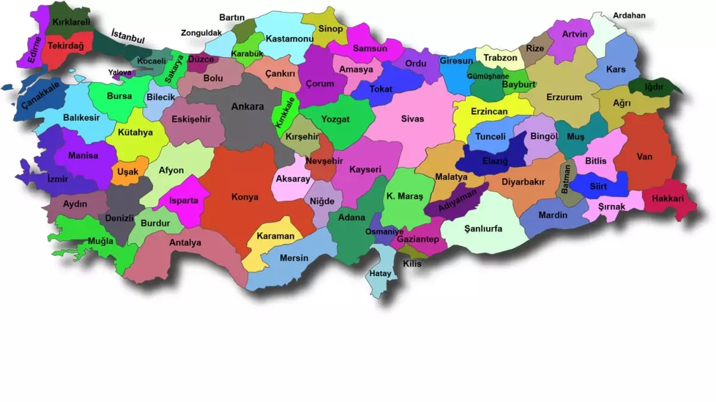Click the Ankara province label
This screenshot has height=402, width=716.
247,107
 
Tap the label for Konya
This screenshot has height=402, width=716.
244,197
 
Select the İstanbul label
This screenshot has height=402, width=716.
128,36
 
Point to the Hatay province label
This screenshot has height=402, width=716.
381,274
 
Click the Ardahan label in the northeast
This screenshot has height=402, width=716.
629,15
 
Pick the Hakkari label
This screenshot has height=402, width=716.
667,198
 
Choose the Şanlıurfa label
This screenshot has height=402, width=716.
483,229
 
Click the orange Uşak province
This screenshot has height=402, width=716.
127,172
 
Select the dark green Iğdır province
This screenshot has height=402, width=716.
654,87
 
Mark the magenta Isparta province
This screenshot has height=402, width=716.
183,201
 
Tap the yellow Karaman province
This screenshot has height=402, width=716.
275,236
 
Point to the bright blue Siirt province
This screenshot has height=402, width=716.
598,185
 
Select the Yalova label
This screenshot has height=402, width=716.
120,73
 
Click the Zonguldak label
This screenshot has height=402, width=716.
201,33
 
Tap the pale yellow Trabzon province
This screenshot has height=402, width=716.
500,58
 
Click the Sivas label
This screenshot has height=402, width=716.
412,119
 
